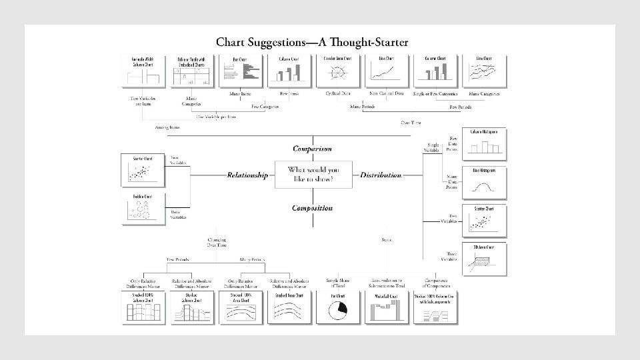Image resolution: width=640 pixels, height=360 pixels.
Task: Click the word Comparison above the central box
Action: [x=312, y=149]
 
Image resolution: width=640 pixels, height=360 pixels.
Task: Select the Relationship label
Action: [x=247, y=175]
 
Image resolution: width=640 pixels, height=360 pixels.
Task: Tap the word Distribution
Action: [x=381, y=175]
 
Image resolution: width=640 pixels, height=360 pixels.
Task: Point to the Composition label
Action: [x=312, y=208]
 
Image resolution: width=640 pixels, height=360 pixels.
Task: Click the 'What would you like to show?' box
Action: [x=313, y=175]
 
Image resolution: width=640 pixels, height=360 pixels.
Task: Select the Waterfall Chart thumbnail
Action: [x=386, y=307]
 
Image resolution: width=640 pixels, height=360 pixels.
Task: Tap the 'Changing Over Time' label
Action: [x=217, y=242]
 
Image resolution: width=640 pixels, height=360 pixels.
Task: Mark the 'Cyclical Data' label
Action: [x=339, y=94]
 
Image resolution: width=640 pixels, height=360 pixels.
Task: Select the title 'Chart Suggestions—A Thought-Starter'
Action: [x=312, y=42]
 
